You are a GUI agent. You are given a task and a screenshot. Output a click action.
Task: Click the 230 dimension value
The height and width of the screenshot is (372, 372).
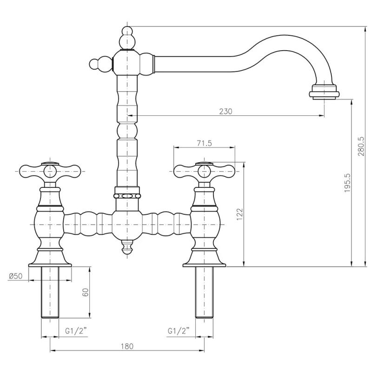[x=225, y=111]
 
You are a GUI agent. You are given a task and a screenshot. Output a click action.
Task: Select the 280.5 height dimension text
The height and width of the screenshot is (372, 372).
[x=361, y=146]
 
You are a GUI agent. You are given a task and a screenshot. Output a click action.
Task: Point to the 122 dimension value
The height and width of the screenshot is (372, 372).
[x=239, y=215]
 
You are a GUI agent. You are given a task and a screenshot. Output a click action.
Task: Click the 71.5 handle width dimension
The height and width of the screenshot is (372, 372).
[x=204, y=143]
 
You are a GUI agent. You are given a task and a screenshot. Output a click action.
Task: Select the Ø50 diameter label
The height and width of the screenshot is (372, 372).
[x=16, y=276]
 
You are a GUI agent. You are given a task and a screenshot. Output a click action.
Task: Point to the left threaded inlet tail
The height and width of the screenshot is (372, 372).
[x=50, y=293]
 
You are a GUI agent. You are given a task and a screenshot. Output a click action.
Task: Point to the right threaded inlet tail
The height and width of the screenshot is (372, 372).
[x=204, y=293]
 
